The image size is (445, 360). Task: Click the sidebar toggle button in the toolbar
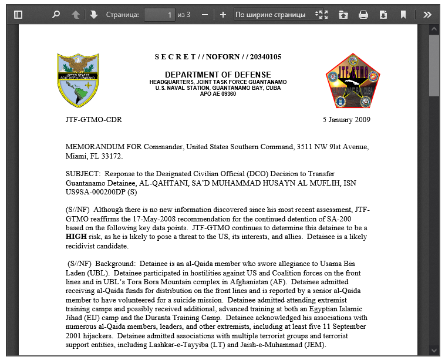[x=18, y=15]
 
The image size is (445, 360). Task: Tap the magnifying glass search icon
[x=56, y=15]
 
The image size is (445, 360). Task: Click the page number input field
[x=159, y=15]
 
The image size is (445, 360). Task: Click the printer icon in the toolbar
[x=363, y=15]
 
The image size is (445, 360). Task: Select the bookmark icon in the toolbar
[x=403, y=15]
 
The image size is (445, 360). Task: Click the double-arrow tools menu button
[x=427, y=15]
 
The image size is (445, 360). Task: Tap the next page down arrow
[x=94, y=15]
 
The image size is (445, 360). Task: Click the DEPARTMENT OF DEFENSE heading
[x=218, y=75]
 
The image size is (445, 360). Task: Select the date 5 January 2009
[x=346, y=120]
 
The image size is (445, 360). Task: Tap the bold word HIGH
[x=76, y=237]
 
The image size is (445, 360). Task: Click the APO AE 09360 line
[x=218, y=94]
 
